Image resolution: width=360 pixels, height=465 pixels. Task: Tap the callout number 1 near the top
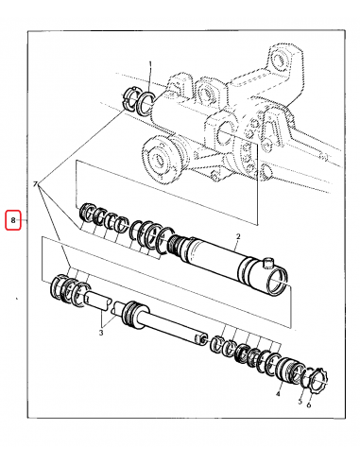(x=149, y=64)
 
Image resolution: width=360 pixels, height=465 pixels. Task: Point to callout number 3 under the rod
(x=101, y=333)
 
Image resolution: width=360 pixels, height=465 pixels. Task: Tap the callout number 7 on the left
(x=36, y=182)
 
